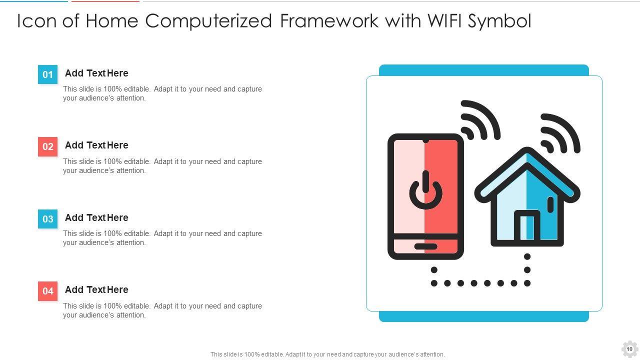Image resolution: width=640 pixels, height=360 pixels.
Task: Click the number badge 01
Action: [x=47, y=74]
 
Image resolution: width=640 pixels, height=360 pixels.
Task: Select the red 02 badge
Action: [x=47, y=146]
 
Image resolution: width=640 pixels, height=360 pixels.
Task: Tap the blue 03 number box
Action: [x=47, y=219]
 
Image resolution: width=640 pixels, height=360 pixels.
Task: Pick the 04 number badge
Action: [x=47, y=291]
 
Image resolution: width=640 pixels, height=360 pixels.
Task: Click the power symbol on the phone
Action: [x=425, y=191]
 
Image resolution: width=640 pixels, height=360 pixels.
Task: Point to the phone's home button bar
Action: [x=425, y=246]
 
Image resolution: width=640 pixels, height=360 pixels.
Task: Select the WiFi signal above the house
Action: [x=559, y=134]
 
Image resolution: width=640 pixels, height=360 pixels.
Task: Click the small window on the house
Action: [x=550, y=204]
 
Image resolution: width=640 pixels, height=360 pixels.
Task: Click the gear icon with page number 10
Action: [x=629, y=349]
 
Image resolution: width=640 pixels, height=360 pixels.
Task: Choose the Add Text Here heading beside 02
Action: [x=96, y=145]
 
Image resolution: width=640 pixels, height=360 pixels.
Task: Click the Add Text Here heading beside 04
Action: [x=96, y=290]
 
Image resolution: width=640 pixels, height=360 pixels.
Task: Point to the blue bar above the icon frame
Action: [x=483, y=70]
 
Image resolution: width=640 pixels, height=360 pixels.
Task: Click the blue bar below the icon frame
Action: [x=483, y=316]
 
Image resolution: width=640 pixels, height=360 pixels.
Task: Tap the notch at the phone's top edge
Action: [x=425, y=136]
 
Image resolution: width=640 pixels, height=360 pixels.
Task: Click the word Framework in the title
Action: [x=329, y=21]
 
